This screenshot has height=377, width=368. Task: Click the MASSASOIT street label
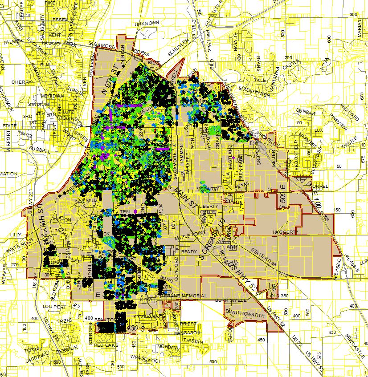pyautogui.click(x=186, y=332)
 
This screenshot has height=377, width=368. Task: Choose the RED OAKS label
pyautogui.click(x=105, y=345)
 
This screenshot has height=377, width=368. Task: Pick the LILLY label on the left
pyautogui.click(x=16, y=235)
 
